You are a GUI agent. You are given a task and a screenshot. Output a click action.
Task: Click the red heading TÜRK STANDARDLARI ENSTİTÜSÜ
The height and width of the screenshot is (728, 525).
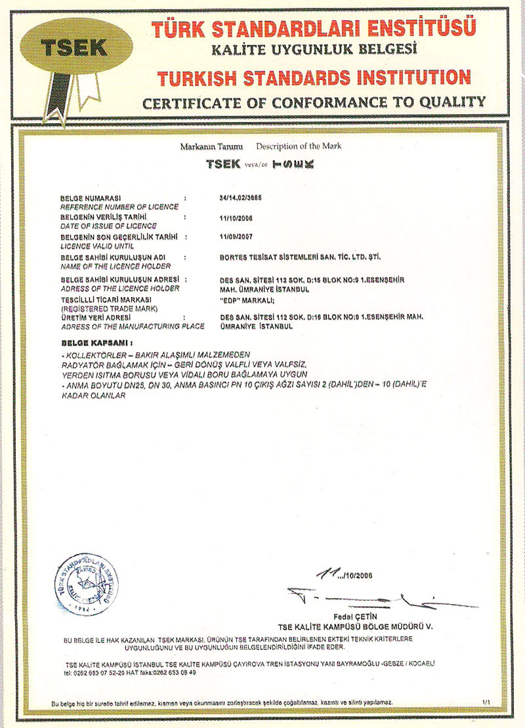(313, 28)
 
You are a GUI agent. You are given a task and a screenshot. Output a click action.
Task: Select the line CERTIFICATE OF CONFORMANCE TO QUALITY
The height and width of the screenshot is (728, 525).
(314, 102)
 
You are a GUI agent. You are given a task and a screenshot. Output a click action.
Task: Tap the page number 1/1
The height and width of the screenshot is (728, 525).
(486, 702)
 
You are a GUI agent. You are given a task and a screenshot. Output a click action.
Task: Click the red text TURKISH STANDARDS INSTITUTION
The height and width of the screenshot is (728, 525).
(314, 77)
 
